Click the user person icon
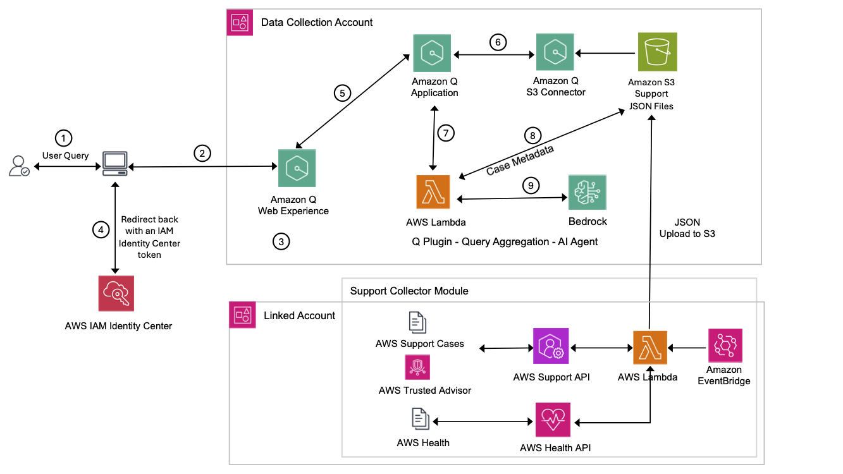tap(18, 167)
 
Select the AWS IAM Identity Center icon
tap(117, 293)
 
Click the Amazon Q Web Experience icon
tap(297, 168)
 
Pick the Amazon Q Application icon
tap(432, 54)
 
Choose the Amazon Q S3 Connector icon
tap(555, 52)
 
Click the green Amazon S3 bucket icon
tap(657, 51)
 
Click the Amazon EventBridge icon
tap(725, 345)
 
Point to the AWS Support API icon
tap(551, 346)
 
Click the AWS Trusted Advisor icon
tap(417, 367)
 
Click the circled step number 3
tap(281, 241)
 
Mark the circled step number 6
tap(498, 42)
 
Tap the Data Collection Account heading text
tap(317, 22)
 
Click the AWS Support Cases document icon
tap(417, 322)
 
